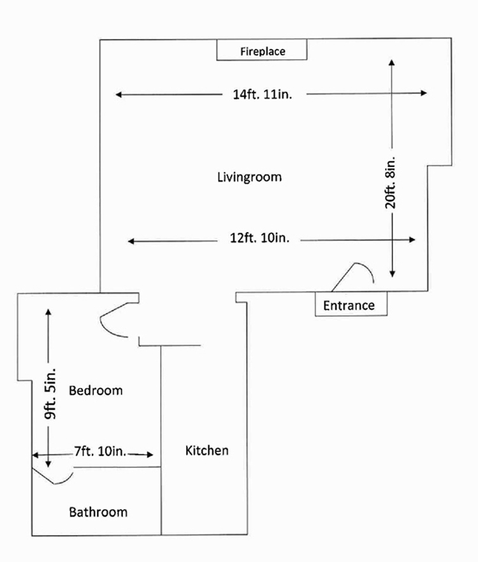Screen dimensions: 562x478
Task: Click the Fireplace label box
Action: pyautogui.click(x=262, y=51)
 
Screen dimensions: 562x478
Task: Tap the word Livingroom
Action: pyautogui.click(x=249, y=177)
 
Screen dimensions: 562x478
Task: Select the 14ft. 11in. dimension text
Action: pyautogui.click(x=263, y=95)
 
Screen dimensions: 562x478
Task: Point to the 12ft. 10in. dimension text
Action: pyautogui.click(x=259, y=239)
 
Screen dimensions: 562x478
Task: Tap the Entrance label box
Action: pyautogui.click(x=349, y=305)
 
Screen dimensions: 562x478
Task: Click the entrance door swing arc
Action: pyautogui.click(x=361, y=271)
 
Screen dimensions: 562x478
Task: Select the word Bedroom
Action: pyautogui.click(x=96, y=390)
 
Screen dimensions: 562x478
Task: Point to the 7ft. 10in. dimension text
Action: pyautogui.click(x=99, y=452)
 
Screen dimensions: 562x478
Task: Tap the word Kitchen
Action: pyautogui.click(x=206, y=450)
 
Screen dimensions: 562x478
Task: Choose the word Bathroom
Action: pyautogui.click(x=98, y=512)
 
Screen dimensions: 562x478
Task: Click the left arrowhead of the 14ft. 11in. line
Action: pyautogui.click(x=119, y=95)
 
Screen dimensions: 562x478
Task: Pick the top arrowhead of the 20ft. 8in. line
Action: pyautogui.click(x=391, y=62)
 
